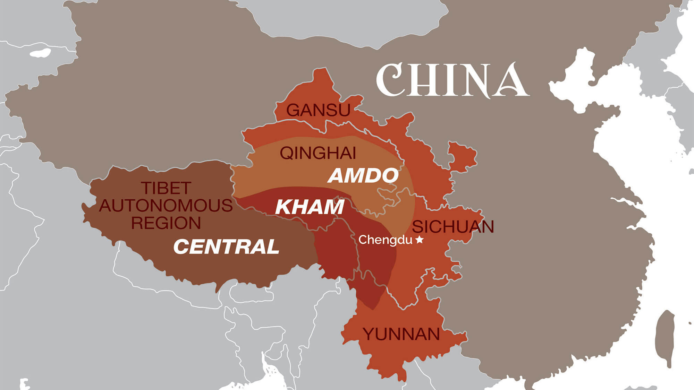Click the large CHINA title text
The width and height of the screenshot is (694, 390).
pos(453,80)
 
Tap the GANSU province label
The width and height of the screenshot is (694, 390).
pos(318,110)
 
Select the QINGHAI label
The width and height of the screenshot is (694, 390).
pos(318,153)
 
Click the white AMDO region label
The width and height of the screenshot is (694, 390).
pos(363,175)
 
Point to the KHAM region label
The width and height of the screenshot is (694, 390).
pos(309,207)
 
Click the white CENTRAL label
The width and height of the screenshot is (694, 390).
pos(226,247)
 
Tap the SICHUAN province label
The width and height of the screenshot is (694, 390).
pos(453,227)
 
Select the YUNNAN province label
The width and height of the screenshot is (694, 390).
pos(401,334)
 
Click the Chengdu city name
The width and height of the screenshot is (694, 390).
pos(385,240)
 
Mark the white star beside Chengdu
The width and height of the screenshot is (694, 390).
pos(420,239)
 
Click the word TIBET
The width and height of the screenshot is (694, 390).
pos(166,188)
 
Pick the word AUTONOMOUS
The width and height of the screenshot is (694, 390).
pos(166,206)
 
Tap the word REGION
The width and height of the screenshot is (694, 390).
pos(166,223)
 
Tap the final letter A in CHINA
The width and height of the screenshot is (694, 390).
pos(512,80)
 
